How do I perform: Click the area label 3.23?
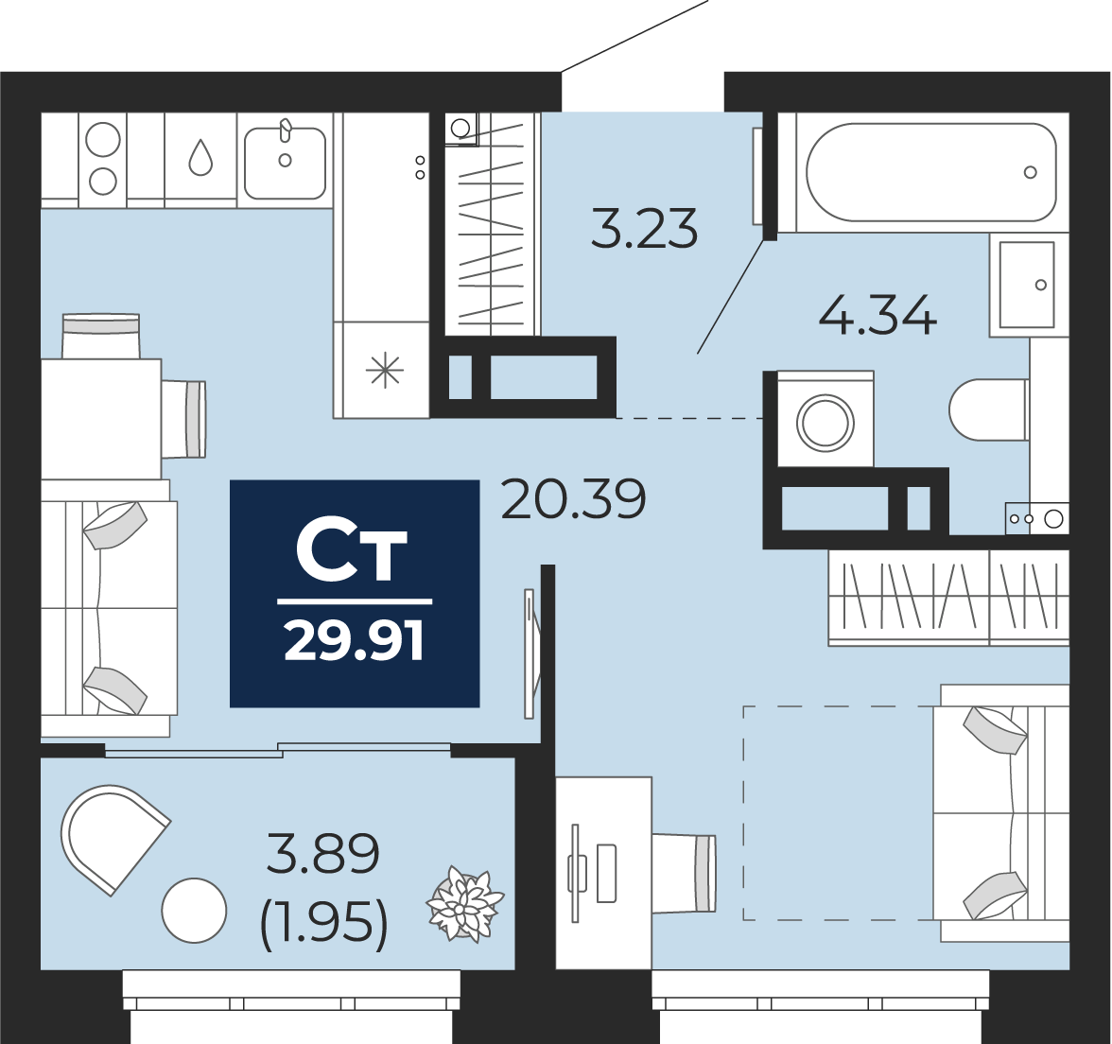tap(644, 229)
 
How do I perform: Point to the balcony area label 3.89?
tap(322, 853)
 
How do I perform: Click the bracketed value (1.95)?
tap(324, 923)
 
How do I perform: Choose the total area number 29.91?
tap(354, 639)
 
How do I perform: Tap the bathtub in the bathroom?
tap(931, 172)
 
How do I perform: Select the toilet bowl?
tap(989, 409)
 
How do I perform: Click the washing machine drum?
tap(825, 423)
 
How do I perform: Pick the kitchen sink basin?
tap(286, 163)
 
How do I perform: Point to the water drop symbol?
tap(200, 157)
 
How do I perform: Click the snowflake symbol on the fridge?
tap(385, 371)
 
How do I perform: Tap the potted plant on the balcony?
tap(464, 904)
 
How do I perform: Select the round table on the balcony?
tap(195, 910)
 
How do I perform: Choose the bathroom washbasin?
tap(1027, 285)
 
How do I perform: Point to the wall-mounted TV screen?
tap(530, 653)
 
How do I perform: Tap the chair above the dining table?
tap(100, 337)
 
